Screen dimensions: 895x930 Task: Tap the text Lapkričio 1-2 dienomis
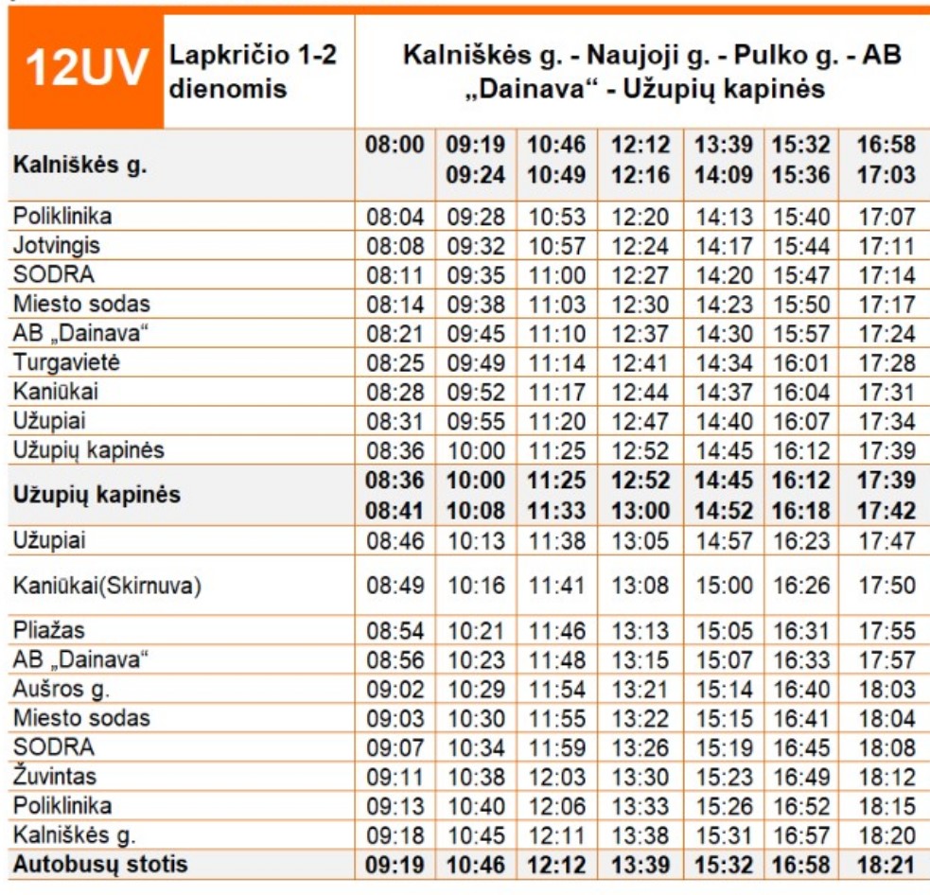click(253, 72)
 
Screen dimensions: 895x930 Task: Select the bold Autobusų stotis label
click(100, 864)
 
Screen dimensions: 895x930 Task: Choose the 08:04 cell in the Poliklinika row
click(395, 217)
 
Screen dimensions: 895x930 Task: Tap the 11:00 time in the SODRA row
click(557, 275)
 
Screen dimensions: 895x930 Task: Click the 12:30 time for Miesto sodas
click(640, 305)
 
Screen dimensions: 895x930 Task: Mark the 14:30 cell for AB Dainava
click(724, 335)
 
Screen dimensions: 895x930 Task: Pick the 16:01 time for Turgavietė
click(801, 364)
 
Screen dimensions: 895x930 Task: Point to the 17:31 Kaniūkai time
click(886, 394)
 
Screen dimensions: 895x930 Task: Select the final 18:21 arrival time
click(886, 865)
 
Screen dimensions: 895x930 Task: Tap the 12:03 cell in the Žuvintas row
click(557, 778)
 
